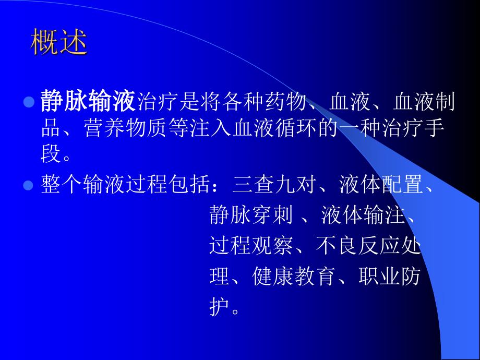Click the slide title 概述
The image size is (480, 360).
(58, 42)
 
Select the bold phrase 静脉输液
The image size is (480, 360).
(88, 101)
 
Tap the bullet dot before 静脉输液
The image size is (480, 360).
(29, 101)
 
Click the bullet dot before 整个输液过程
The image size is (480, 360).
(29, 185)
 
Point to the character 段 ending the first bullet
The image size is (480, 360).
(51, 155)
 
